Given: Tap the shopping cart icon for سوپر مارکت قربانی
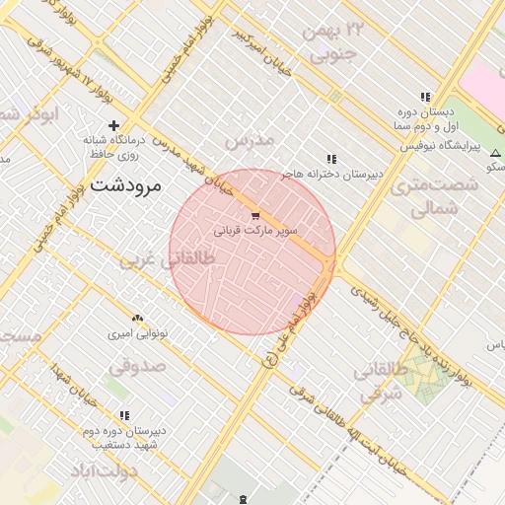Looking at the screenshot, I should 256,215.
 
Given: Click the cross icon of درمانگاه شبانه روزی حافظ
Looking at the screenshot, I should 114,125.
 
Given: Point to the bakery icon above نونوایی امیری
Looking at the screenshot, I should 137,319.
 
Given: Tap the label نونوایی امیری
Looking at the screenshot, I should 138,334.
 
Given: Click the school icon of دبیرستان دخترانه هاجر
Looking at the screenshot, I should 331,159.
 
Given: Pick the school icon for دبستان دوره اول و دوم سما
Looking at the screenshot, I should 425,97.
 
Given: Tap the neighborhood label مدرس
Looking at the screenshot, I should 249,141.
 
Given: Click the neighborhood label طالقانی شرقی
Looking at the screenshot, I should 383,384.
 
